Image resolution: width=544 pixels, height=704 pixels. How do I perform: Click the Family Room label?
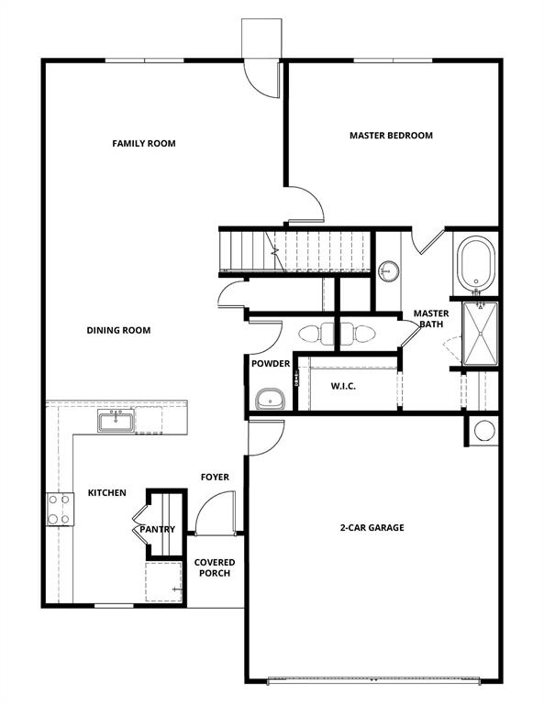pyautogui.click(x=144, y=143)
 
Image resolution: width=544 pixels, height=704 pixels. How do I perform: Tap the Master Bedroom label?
pyautogui.click(x=391, y=136)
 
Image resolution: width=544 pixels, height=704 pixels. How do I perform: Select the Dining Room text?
pyautogui.click(x=118, y=330)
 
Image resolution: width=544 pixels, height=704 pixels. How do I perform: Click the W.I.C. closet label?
pyautogui.click(x=343, y=386)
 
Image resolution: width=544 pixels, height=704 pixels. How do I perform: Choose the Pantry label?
pyautogui.click(x=157, y=530)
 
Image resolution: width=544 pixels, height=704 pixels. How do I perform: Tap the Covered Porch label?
pyautogui.click(x=215, y=567)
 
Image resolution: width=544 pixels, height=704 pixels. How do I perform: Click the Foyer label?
pyautogui.click(x=215, y=477)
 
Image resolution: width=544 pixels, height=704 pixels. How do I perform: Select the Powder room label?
pyautogui.click(x=271, y=364)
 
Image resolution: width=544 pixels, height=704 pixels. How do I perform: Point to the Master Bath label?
pyautogui.click(x=430, y=318)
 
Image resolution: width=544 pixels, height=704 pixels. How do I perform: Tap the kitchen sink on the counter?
pyautogui.click(x=117, y=422)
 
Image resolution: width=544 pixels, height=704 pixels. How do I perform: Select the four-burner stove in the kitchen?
pyautogui.click(x=60, y=509)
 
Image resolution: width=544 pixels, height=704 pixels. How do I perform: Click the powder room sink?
pyautogui.click(x=270, y=398)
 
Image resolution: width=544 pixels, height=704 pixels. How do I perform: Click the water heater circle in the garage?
pyautogui.click(x=483, y=430)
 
